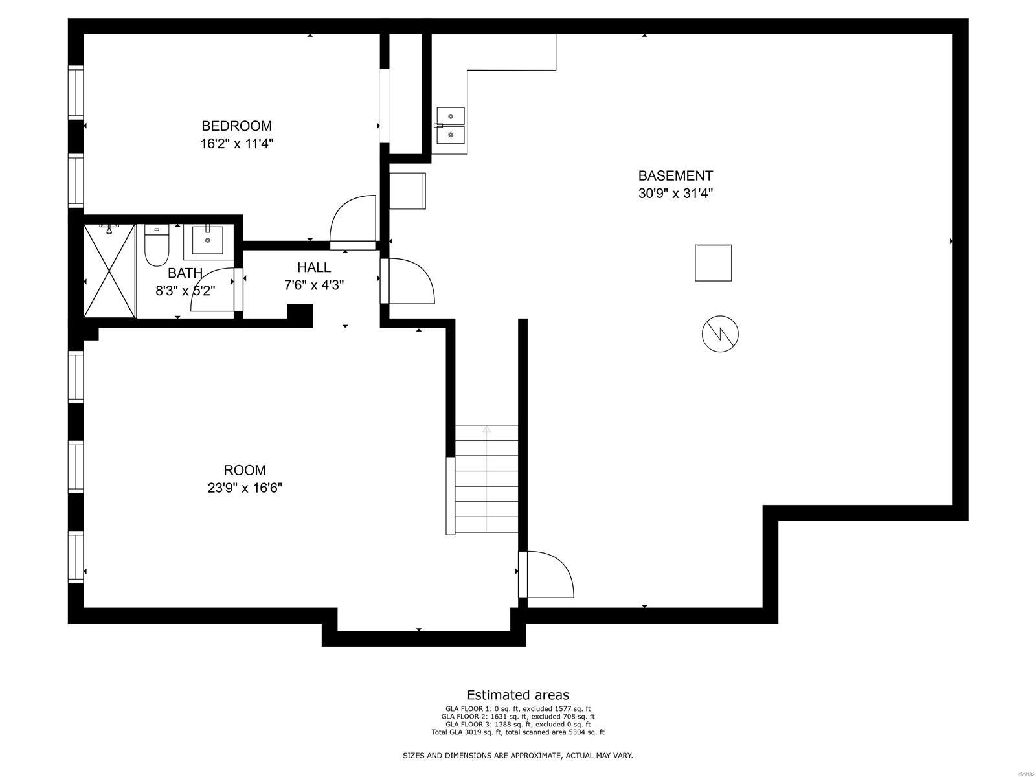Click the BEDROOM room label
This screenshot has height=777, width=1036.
tap(236, 126)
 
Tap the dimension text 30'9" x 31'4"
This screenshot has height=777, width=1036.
tap(675, 193)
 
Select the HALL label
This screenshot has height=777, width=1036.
tap(314, 267)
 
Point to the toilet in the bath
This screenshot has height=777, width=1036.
tap(156, 246)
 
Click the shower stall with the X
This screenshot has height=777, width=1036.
tap(109, 271)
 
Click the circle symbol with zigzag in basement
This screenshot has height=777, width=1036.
tap(720, 334)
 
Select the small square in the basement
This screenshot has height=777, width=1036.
tap(713, 263)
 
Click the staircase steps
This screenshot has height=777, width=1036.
tap(486, 479)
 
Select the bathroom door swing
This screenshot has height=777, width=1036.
tap(214, 289)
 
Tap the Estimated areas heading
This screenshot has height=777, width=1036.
tap(518, 695)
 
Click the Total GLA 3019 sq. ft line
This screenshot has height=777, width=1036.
tap(518, 732)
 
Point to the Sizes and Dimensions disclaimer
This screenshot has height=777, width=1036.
tap(518, 756)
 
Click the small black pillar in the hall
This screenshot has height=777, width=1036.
tap(300, 315)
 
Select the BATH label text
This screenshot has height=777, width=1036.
tap(185, 273)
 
